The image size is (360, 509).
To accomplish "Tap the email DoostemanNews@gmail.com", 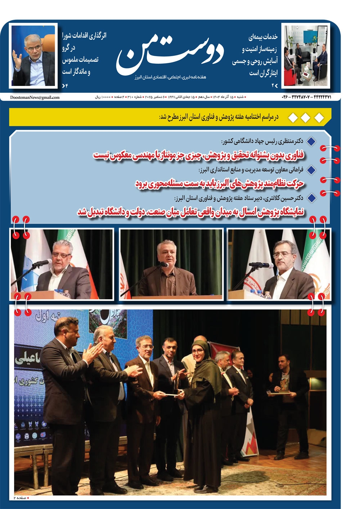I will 35,97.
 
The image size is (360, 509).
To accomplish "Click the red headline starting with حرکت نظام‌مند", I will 220,183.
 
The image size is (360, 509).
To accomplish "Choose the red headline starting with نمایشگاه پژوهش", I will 191,212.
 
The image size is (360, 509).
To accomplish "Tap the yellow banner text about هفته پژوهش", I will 219,117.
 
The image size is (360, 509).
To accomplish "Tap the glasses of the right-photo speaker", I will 282,255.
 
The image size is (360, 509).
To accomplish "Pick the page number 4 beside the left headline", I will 66,86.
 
